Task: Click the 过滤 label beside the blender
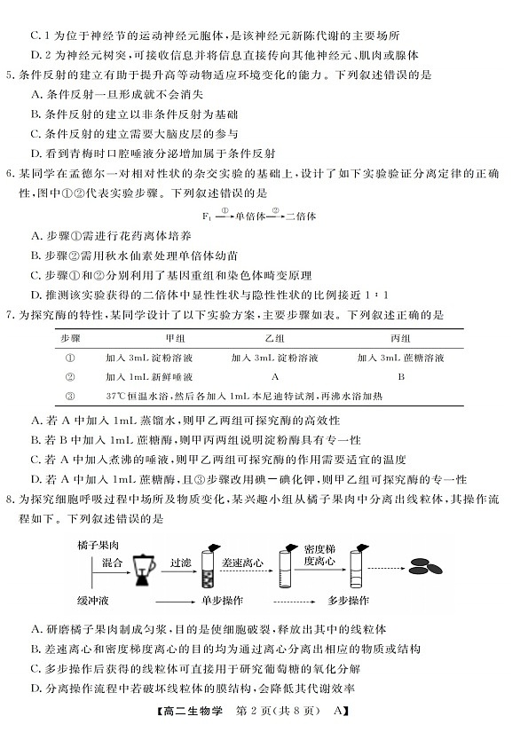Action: pos(180,561)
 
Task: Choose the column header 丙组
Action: pos(401,340)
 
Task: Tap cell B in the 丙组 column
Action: pos(401,376)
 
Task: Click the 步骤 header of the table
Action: pos(70,340)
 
